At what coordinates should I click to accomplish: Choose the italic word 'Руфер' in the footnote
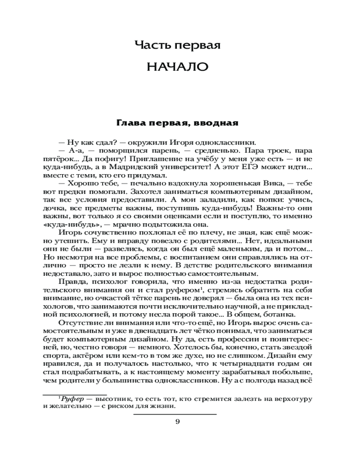coord(71,399)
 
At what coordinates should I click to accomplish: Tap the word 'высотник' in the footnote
coord(114,399)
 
